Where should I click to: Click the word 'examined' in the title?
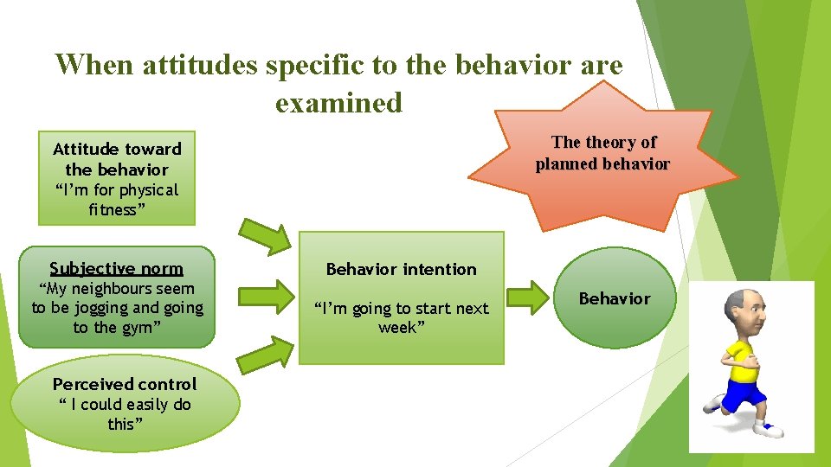pyautogui.click(x=338, y=103)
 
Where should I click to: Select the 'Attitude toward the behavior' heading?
pyautogui.click(x=117, y=159)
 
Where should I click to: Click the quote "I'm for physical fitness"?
pyautogui.click(x=117, y=200)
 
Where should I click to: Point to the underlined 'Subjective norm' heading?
pyautogui.click(x=116, y=268)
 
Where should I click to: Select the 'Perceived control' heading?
pyautogui.click(x=125, y=384)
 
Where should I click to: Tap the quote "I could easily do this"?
pyautogui.click(x=124, y=414)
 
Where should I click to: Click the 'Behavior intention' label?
pyautogui.click(x=401, y=269)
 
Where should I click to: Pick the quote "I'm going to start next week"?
pyautogui.click(x=402, y=317)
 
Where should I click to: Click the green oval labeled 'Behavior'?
pyautogui.click(x=614, y=298)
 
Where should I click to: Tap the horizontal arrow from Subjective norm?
pyautogui.click(x=266, y=294)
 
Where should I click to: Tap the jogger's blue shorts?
pyautogui.click(x=744, y=395)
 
